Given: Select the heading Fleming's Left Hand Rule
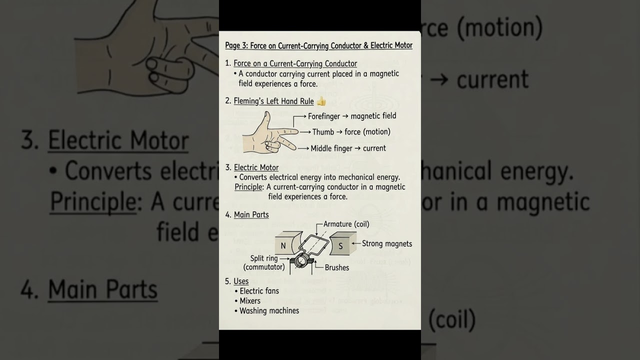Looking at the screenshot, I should pos(273,101).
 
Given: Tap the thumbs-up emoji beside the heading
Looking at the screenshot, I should pos(321,101).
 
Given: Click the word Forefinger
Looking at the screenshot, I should pos(323,116).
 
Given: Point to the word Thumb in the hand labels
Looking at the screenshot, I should pos(323,132).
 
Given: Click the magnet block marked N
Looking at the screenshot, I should pos(283,245).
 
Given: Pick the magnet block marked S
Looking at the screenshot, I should pos(341,245).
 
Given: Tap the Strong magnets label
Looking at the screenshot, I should pos(387,244).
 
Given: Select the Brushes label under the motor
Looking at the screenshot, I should pos(337,267).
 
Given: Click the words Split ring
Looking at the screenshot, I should pos(264,258).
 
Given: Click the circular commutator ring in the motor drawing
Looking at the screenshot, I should pos(300,260).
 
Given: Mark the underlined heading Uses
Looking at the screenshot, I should pos(241,281).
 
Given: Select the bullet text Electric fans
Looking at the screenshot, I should pos(259,291).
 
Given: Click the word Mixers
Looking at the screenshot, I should pos(250,301).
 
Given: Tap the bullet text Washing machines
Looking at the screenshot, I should pos(269,311).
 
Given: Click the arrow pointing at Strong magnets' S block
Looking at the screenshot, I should pos(355,244).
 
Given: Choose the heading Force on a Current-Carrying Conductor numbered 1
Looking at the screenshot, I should pos(295,64).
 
